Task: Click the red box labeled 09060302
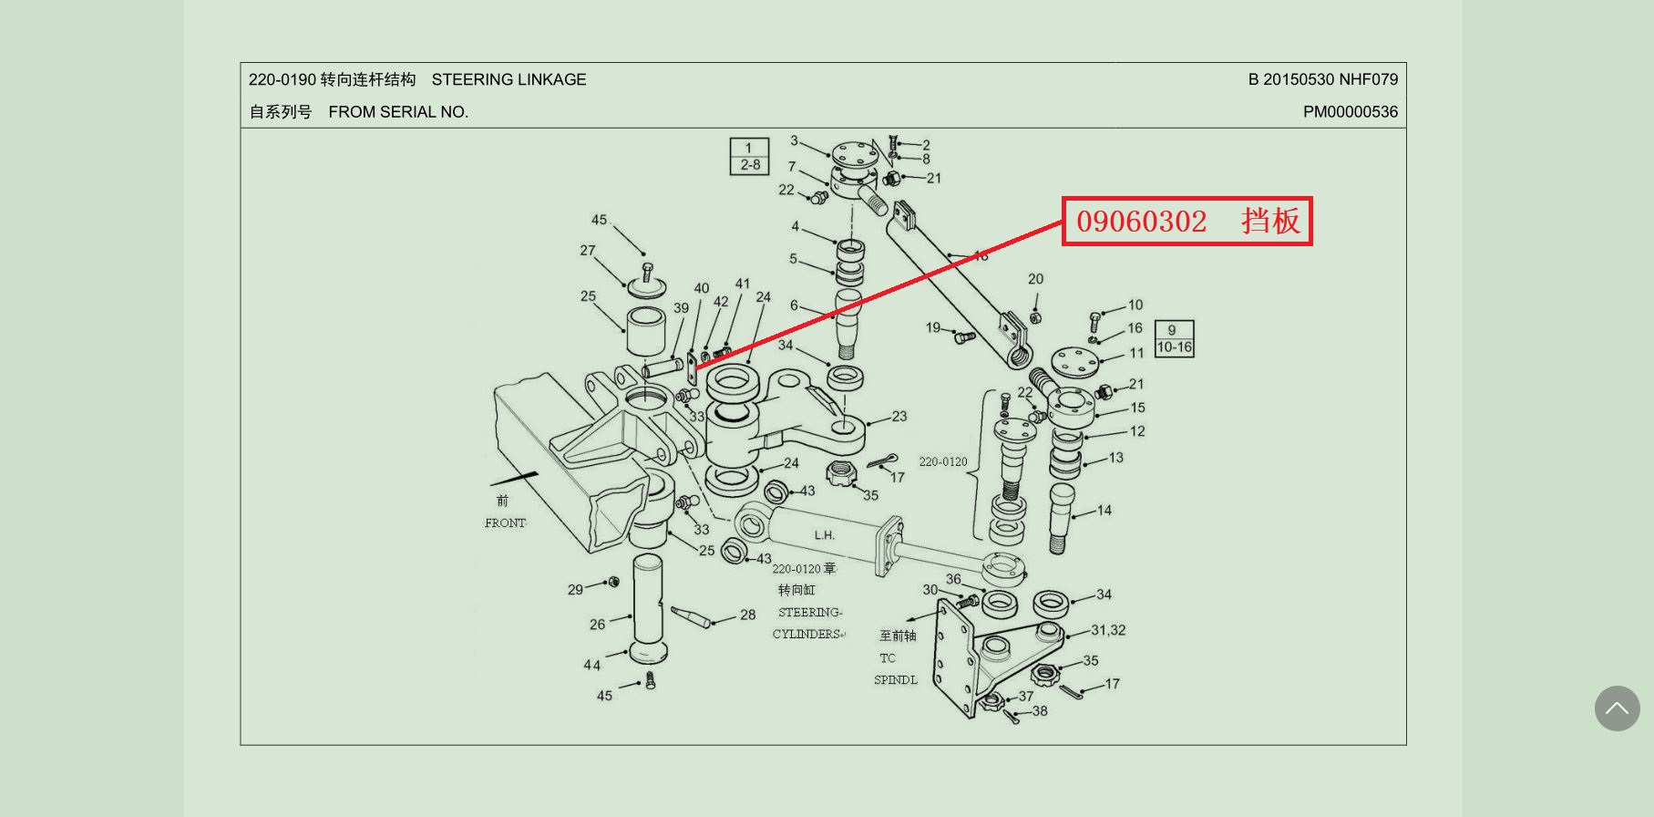pyautogui.click(x=1187, y=221)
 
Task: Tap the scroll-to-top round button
pyautogui.click(x=1617, y=708)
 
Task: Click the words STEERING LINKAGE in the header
pyautogui.click(x=509, y=80)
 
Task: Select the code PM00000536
pyautogui.click(x=1350, y=112)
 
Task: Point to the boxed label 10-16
pyautogui.click(x=1174, y=347)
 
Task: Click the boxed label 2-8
pyautogui.click(x=750, y=165)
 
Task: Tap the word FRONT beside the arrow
pyautogui.click(x=505, y=523)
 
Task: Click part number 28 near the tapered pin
pyautogui.click(x=747, y=615)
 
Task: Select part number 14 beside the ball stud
pyautogui.click(x=1104, y=511)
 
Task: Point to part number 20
pyautogui.click(x=1035, y=279)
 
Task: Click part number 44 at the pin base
pyautogui.click(x=592, y=665)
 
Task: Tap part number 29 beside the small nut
pyautogui.click(x=575, y=590)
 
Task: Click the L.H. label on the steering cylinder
pyautogui.click(x=824, y=535)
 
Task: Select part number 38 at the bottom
pyautogui.click(x=1039, y=711)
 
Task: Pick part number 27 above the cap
pyautogui.click(x=588, y=251)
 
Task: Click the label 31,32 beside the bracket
pyautogui.click(x=1108, y=630)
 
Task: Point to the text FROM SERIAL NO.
pyautogui.click(x=398, y=112)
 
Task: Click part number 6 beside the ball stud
pyautogui.click(x=794, y=306)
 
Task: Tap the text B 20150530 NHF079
pyautogui.click(x=1322, y=80)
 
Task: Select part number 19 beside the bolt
pyautogui.click(x=933, y=327)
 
